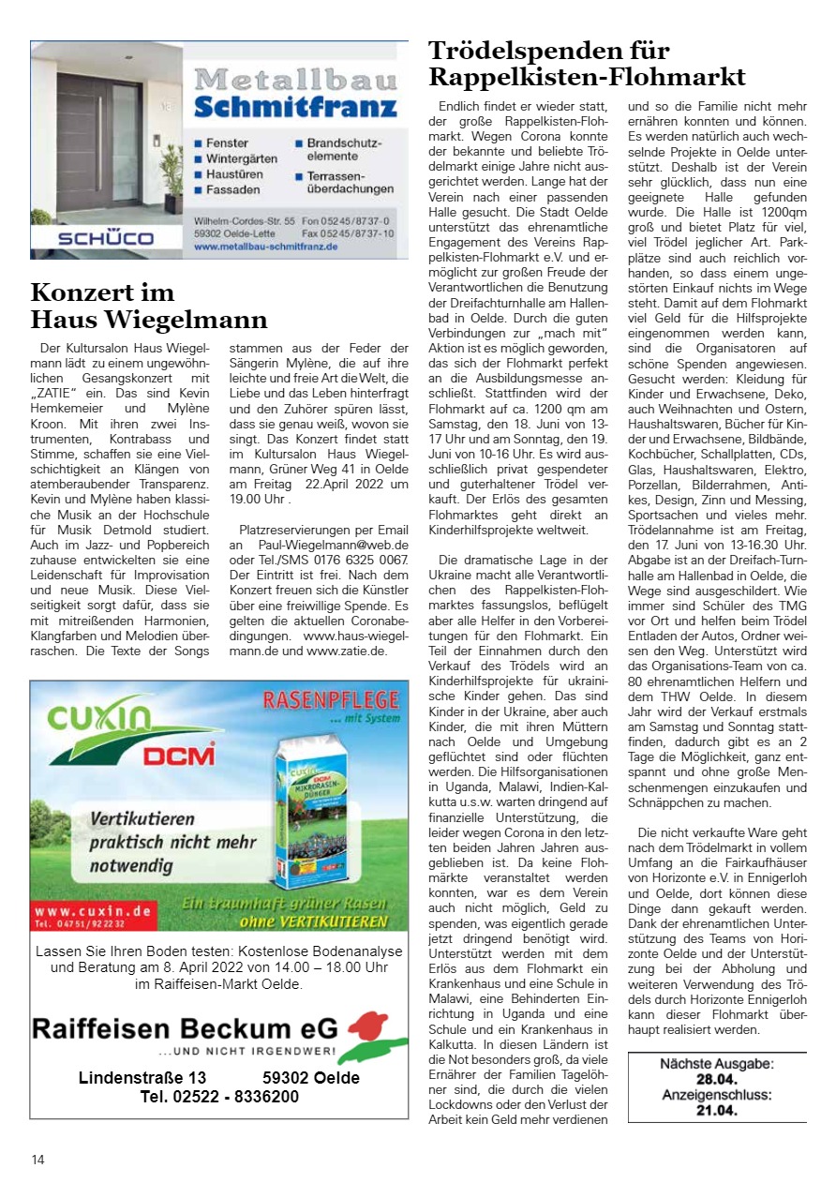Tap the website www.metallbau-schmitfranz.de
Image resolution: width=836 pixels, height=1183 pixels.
click(266, 247)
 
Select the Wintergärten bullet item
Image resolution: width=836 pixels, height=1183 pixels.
click(242, 159)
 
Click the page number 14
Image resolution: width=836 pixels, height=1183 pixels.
click(37, 1160)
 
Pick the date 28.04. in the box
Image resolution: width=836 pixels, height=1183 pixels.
click(717, 1079)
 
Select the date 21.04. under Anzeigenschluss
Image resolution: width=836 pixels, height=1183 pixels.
click(717, 1111)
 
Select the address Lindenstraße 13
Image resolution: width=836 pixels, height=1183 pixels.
click(142, 1078)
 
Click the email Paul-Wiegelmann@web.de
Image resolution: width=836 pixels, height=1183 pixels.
click(333, 545)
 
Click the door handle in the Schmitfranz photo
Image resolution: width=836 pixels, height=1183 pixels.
click(100, 141)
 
